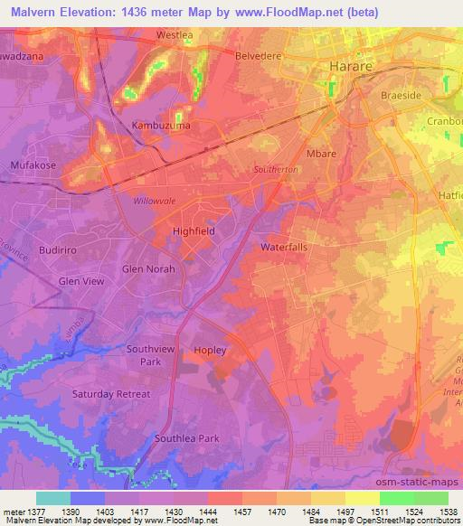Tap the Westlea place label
pos(175,35)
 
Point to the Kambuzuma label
pos(158,126)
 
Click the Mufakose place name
pos(33,165)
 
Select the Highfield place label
pos(194,231)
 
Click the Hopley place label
pos(209,350)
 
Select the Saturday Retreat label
pos(112,394)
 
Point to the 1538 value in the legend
pos(449,512)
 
